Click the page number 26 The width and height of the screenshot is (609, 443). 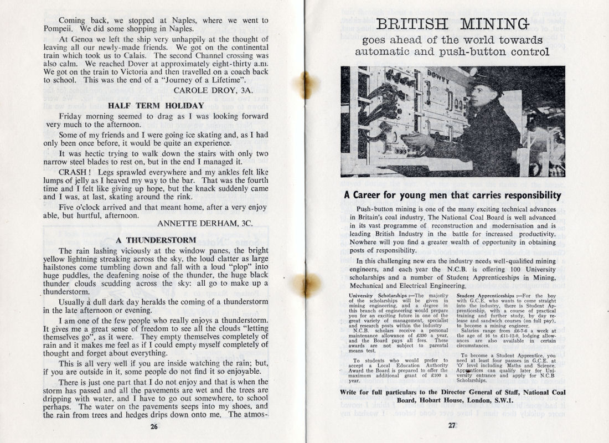click(x=153, y=426)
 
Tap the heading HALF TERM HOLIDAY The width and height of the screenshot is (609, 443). click(x=156, y=105)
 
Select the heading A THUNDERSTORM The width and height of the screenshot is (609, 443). click(x=156, y=240)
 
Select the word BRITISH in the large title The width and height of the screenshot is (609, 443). click(x=410, y=24)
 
